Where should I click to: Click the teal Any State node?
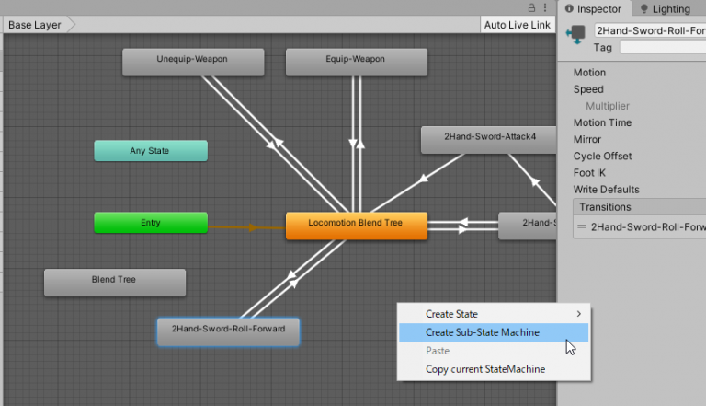(x=150, y=150)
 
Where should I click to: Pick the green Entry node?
(x=150, y=223)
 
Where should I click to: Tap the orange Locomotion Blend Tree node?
(x=356, y=226)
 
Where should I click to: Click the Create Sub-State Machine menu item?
(x=482, y=332)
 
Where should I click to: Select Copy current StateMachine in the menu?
(x=484, y=369)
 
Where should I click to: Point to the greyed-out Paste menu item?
(x=438, y=351)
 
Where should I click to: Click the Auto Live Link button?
(x=518, y=25)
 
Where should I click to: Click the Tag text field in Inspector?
(x=662, y=47)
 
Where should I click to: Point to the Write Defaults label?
(x=606, y=190)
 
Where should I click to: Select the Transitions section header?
(x=605, y=207)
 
